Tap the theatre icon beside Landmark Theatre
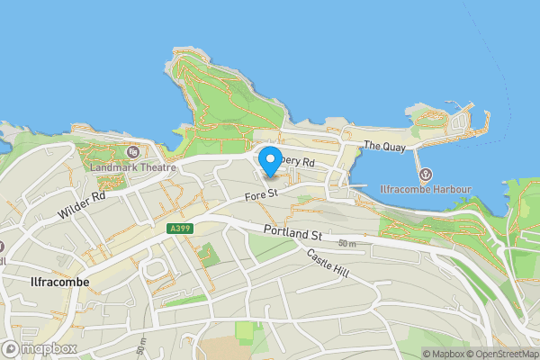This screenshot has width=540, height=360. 133,151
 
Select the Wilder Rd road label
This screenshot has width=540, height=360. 81,204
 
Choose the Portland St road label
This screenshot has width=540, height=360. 292,233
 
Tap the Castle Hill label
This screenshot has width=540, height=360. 327,263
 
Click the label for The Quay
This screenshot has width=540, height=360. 385,146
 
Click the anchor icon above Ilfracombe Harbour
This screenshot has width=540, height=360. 425,174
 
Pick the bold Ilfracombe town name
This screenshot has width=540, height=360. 53,282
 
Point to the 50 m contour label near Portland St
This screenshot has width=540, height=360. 347,244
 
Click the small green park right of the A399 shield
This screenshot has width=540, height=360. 209,254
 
